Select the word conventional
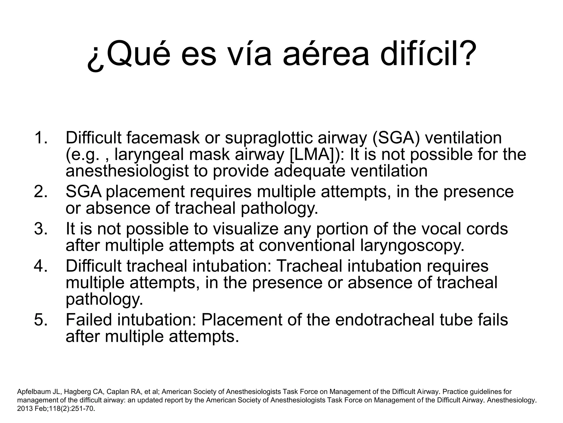coord(307,245)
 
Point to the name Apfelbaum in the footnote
coord(32,392)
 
